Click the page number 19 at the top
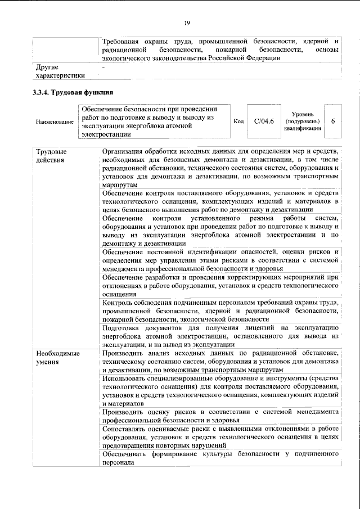pyautogui.click(x=187, y=22)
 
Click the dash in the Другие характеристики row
pyautogui.click(x=104, y=67)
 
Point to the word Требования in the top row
pyautogui.click(x=122, y=41)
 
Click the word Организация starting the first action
pyautogui.click(x=128, y=152)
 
